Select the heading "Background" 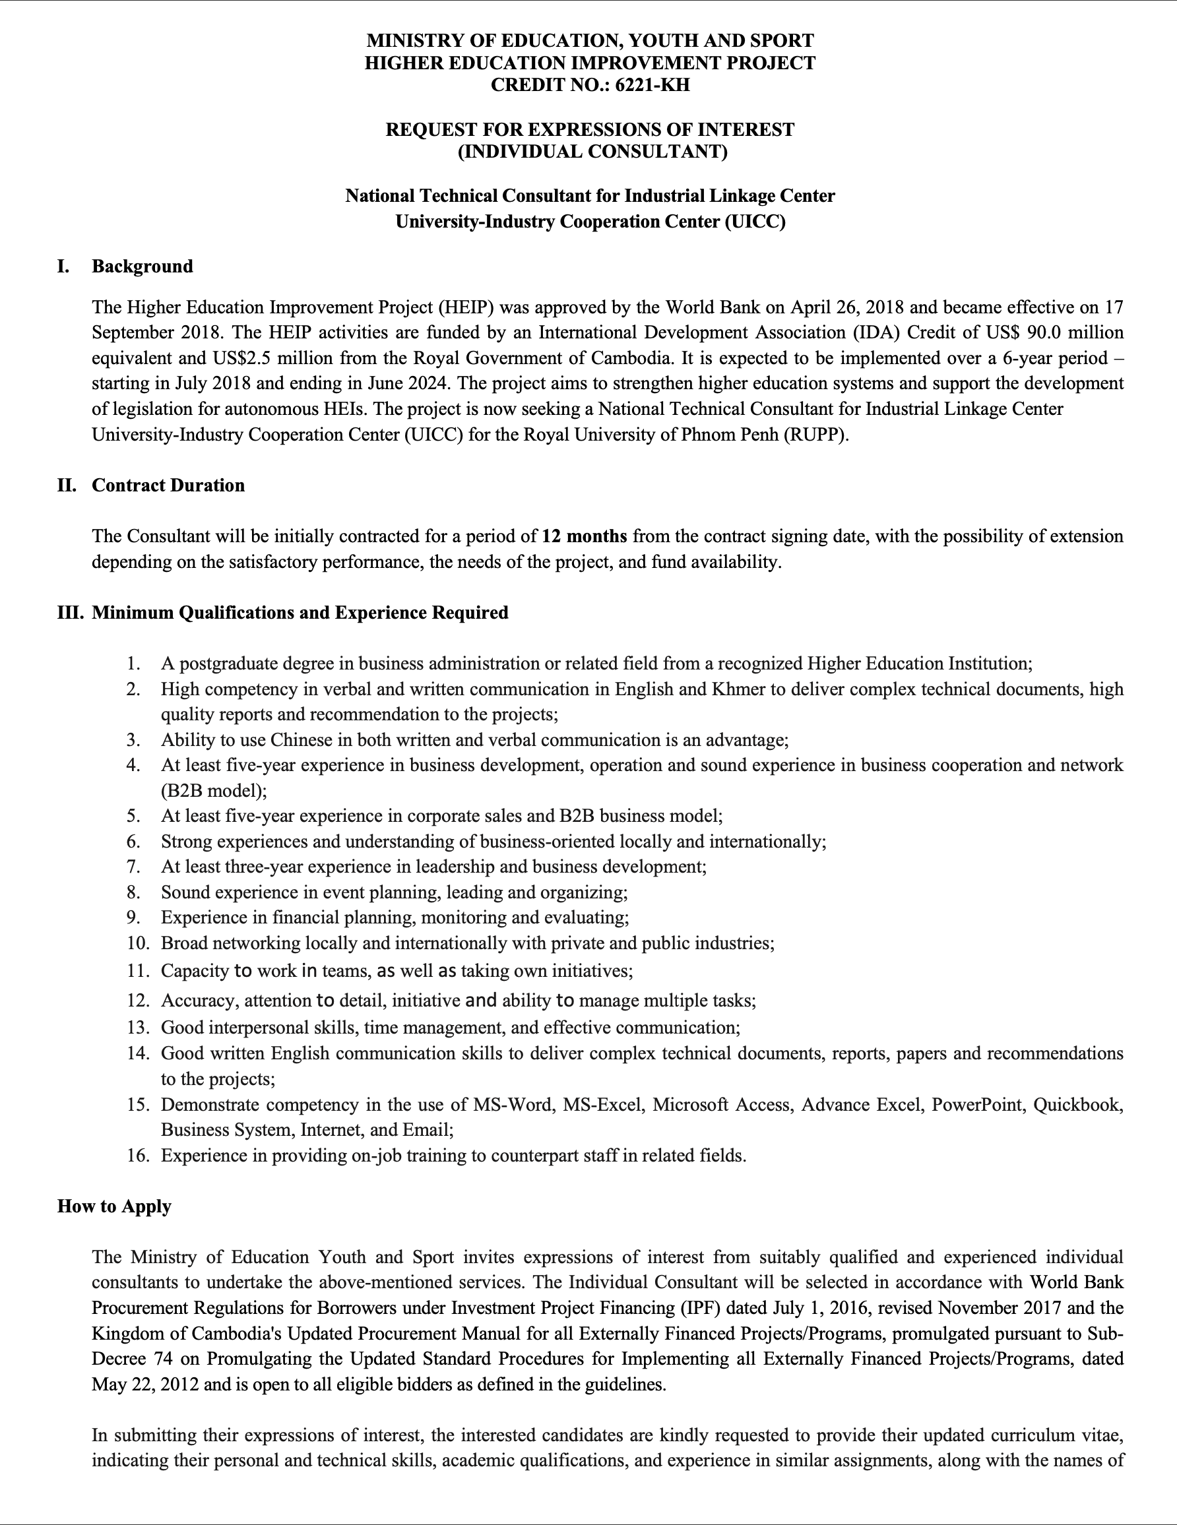tap(143, 266)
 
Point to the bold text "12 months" tap(584, 536)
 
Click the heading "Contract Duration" tap(168, 485)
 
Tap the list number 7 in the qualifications tap(134, 867)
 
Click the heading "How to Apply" tap(115, 1206)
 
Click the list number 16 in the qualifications tap(139, 1155)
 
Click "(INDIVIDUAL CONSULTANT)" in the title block tap(592, 151)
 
